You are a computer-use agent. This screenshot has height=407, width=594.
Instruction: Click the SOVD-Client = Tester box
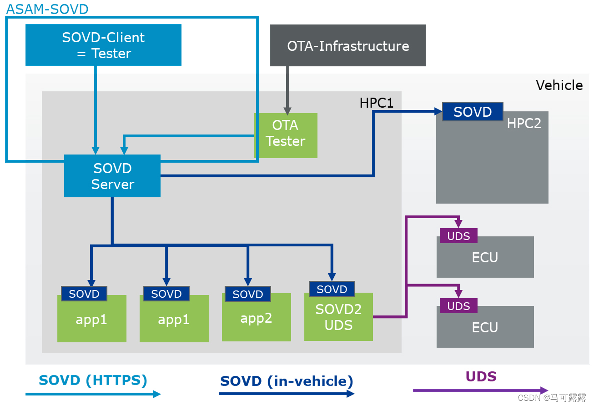(x=103, y=45)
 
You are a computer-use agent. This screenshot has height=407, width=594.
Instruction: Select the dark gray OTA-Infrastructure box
(x=348, y=46)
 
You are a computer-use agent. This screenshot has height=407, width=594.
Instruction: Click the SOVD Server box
(x=112, y=176)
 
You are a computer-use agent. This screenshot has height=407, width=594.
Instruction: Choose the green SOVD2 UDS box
(x=338, y=318)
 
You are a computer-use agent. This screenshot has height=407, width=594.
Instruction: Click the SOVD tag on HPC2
(x=472, y=112)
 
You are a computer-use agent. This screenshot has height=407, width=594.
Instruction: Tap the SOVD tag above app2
(x=248, y=294)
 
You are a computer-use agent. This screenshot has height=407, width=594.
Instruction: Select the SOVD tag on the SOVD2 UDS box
(x=332, y=289)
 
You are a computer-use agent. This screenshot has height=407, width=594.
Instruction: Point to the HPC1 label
(x=376, y=103)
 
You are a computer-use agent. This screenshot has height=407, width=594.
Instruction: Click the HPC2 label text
(x=524, y=123)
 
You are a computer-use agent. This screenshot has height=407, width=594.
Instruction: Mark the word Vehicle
(x=559, y=85)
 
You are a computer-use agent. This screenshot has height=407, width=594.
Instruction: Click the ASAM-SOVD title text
(x=47, y=9)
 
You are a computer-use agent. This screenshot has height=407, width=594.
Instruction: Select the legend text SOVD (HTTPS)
(x=93, y=380)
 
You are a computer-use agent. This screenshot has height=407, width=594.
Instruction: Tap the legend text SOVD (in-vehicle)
(x=287, y=381)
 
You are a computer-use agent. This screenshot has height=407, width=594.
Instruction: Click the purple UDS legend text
(x=481, y=376)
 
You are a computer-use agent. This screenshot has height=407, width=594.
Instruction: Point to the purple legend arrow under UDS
(x=480, y=390)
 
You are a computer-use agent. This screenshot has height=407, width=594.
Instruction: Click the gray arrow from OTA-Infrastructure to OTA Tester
(x=287, y=90)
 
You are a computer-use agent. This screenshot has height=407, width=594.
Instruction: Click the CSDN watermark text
(x=551, y=398)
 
